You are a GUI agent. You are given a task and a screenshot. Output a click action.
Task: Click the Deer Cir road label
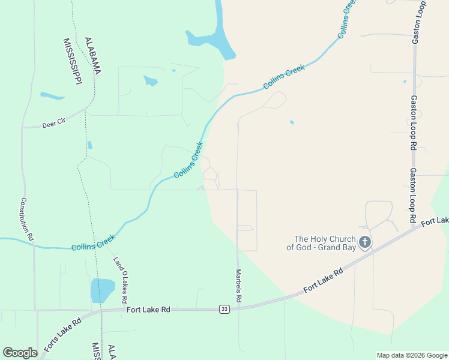pos(53,125)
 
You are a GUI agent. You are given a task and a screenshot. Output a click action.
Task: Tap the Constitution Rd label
pos(27,220)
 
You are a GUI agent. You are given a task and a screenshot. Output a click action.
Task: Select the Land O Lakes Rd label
pos(121,279)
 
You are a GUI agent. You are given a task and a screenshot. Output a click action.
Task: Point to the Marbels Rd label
pos(238,285)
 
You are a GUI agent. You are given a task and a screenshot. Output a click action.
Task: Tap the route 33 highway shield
pos(224,309)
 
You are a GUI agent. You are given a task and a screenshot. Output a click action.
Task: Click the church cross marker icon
pos(364,243)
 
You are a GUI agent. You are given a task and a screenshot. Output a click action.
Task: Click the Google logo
pos(20,353)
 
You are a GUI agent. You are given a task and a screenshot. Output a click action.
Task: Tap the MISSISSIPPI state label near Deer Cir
pos(72,62)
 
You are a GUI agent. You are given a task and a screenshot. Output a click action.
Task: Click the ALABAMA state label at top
pos(93,55)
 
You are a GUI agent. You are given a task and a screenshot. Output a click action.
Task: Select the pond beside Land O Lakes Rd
pos(103,290)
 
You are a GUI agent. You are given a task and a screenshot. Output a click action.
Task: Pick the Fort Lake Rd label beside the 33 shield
pos(149,310)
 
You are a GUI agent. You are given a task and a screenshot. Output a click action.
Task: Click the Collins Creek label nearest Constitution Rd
pos(93,243)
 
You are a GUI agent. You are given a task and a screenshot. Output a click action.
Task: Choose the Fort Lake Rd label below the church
pos(323,281)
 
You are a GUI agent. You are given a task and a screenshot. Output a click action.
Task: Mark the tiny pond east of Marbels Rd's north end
pos(292,122)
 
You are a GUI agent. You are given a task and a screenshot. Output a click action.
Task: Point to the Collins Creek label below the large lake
pos(284,77)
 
